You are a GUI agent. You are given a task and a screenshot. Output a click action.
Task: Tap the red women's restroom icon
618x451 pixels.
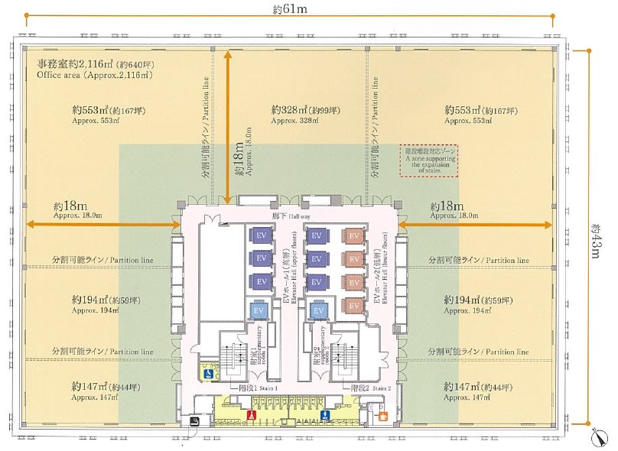pos(252,415)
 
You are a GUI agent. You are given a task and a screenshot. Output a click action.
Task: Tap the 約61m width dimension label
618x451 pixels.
pos(289,9)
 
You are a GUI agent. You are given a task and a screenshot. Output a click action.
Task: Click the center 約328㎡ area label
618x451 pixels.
pos(305,111)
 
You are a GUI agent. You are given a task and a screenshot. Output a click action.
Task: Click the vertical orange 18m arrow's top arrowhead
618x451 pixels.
pos(228,55)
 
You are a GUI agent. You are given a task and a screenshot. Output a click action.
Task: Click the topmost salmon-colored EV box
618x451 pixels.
pos(354,236)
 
